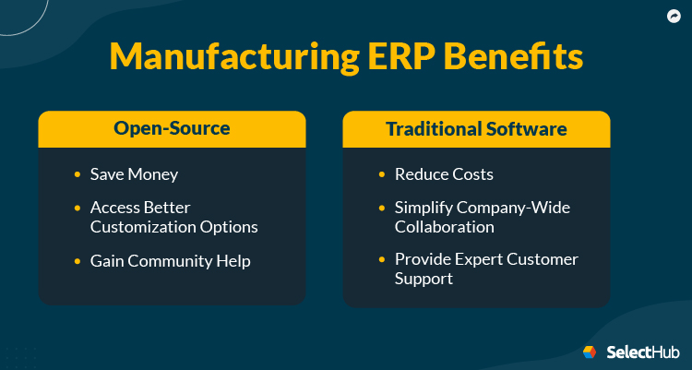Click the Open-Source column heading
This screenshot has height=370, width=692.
(x=172, y=129)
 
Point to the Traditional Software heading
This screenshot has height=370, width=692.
(x=476, y=129)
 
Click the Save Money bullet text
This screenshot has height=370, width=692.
(x=134, y=174)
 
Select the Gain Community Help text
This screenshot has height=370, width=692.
(x=170, y=261)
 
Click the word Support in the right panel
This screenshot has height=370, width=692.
(x=424, y=278)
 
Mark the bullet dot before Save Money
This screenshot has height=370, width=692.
(x=78, y=174)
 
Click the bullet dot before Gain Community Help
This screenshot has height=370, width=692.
(x=78, y=261)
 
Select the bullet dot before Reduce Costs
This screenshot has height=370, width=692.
(x=382, y=174)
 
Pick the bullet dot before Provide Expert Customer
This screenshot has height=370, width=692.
(x=382, y=259)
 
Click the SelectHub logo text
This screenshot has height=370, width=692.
(x=643, y=352)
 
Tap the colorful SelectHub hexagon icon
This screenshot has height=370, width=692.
(x=591, y=352)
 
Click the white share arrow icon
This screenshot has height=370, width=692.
(x=673, y=16)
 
